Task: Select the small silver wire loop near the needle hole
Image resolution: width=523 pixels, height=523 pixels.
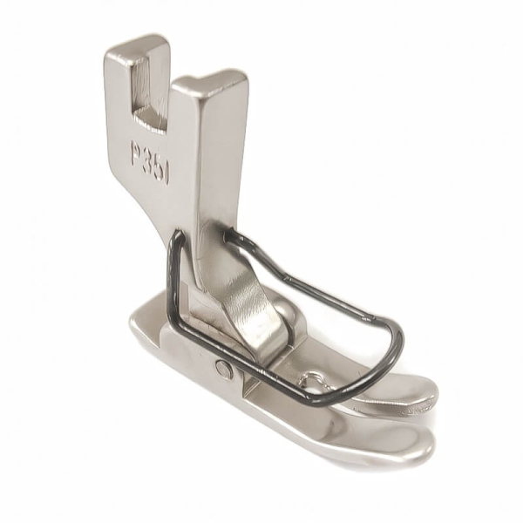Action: pos(308,380)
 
